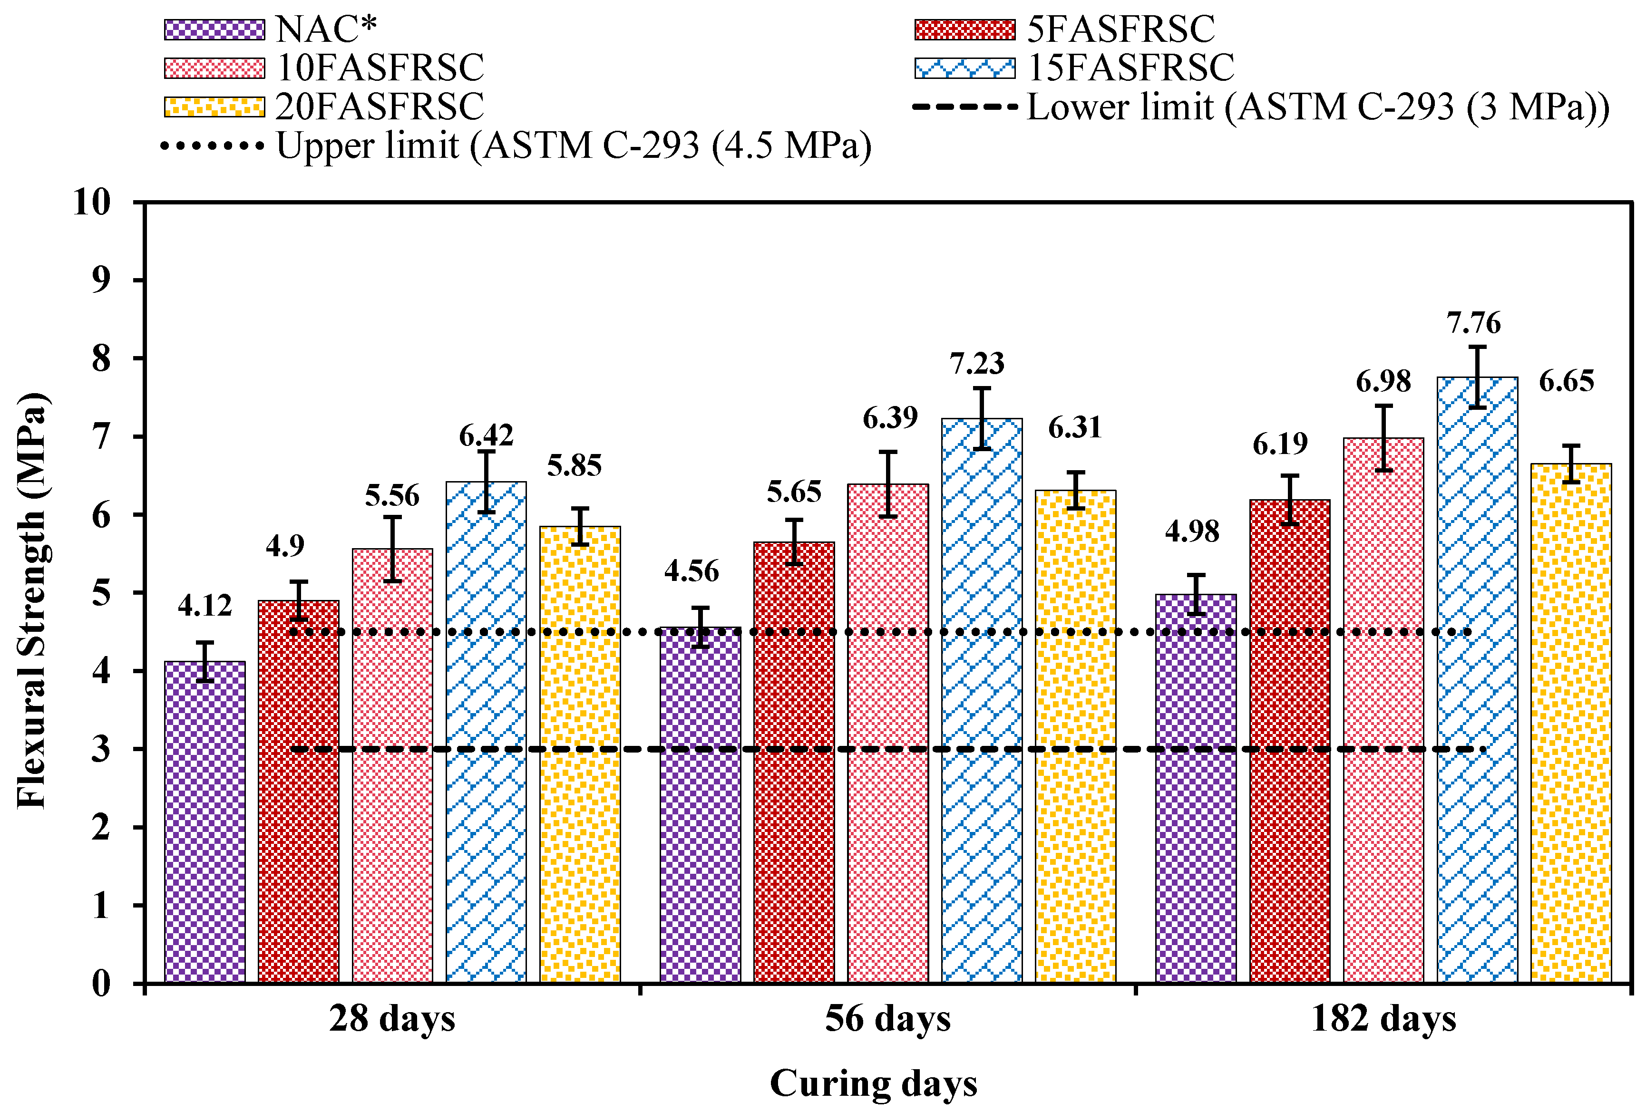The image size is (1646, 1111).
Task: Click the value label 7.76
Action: click(1473, 323)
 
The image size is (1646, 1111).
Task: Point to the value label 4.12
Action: click(205, 606)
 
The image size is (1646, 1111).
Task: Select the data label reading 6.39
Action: click(889, 418)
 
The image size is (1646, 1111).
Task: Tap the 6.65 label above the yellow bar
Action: click(1566, 381)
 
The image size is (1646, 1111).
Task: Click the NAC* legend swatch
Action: click(214, 30)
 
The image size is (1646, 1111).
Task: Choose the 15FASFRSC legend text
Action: click(1130, 68)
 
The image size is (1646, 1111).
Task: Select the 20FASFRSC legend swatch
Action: click(214, 107)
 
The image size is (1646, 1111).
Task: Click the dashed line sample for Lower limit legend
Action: click(964, 107)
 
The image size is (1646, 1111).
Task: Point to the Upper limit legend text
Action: click(574, 146)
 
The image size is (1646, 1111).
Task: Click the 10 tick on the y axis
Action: click(92, 203)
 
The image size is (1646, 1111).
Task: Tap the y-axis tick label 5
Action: click(101, 593)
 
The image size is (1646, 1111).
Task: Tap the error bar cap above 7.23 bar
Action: click(982, 388)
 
